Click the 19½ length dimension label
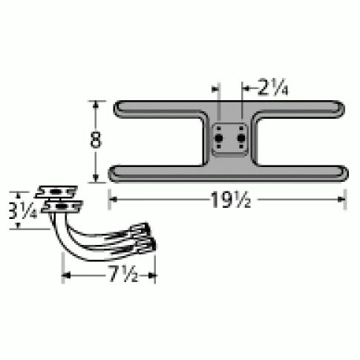(228, 198)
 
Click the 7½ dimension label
(109, 275)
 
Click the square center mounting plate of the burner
(230, 137)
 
